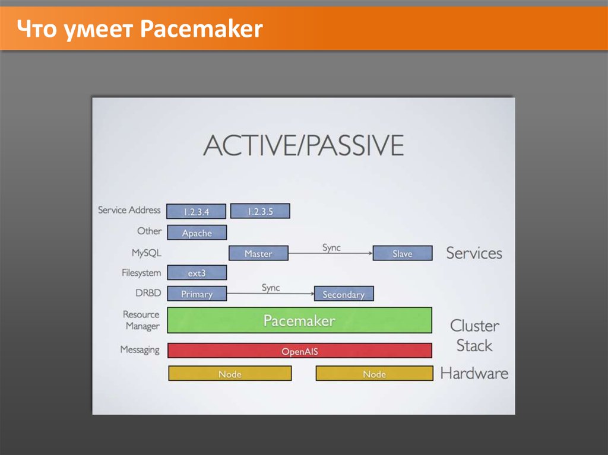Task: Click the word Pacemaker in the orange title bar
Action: coord(201,28)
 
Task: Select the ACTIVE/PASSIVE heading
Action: coord(303,145)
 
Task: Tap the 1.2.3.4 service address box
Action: coord(196,211)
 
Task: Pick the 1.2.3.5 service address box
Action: coord(260,211)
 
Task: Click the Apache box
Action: coord(197,233)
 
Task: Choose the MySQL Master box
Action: coord(259,253)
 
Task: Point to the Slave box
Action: coord(403,253)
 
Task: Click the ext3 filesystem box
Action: coord(197,272)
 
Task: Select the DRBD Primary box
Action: coord(197,294)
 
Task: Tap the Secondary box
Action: coord(344,294)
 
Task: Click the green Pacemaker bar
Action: coord(299,320)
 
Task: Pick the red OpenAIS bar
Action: coord(300,351)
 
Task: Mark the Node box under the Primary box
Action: coord(230,374)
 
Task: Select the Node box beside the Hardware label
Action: coord(375,374)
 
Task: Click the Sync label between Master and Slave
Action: coord(331,247)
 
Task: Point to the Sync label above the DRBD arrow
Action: coord(271,288)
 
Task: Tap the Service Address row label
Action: coord(129,209)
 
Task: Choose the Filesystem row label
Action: coord(141,273)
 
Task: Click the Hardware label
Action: coord(474,373)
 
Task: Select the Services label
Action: coord(474,253)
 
